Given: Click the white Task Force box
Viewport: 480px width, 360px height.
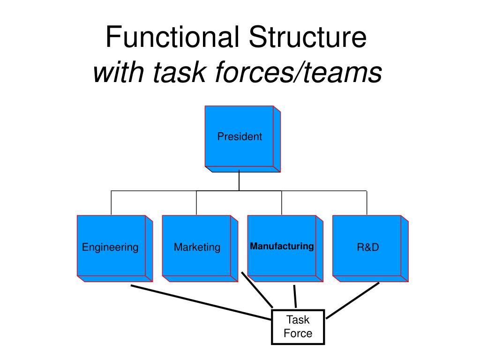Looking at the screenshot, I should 298,327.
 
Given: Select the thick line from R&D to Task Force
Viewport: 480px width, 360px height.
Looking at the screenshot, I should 352,300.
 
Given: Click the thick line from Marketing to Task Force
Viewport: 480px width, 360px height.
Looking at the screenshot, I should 257,289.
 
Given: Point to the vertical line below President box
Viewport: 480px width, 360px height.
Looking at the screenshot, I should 239,181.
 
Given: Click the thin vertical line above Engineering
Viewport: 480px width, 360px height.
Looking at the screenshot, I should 111,202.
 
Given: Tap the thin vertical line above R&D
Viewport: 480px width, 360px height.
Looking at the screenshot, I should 367,202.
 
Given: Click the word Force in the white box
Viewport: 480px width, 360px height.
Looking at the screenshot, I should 298,333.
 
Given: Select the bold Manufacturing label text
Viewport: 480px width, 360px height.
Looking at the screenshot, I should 282,246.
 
